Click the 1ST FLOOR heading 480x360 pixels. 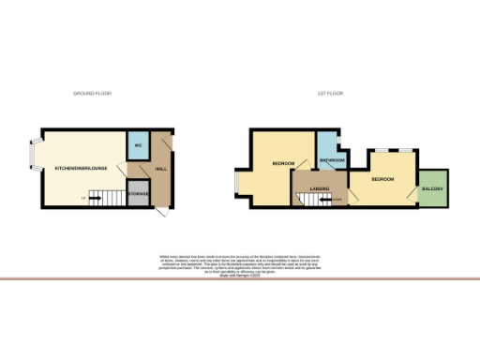click(x=327, y=94)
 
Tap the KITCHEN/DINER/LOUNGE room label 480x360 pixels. click(x=81, y=168)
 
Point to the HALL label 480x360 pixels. click(x=160, y=169)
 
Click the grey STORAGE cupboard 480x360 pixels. click(x=137, y=193)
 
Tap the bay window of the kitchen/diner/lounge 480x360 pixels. click(x=34, y=159)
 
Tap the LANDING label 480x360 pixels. click(x=317, y=188)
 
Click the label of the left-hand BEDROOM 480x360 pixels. click(x=283, y=163)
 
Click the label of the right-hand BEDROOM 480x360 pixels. click(x=382, y=178)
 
